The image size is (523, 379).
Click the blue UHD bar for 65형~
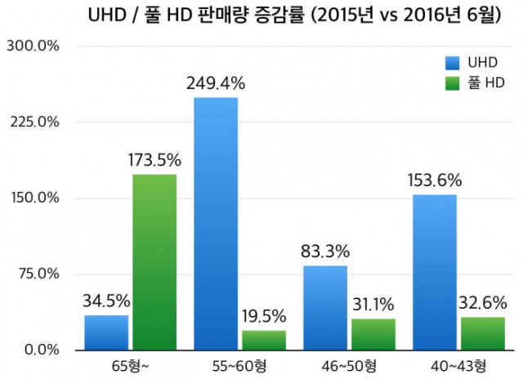tap(106, 332)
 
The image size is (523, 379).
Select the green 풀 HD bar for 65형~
tap(154, 262)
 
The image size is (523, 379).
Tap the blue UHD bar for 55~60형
tap(216, 224)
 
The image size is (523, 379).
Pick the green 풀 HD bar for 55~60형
tap(263, 340)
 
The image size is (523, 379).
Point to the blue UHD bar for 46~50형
tap(325, 308)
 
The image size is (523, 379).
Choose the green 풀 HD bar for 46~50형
tap(373, 334)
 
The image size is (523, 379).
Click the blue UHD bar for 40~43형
tap(434, 273)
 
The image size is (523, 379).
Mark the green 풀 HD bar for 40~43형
tap(482, 333)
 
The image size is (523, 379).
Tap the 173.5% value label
tap(154, 160)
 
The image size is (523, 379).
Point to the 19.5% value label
tap(263, 316)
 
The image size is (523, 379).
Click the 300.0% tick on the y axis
tap(33, 46)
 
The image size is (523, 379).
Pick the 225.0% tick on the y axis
tap(33, 122)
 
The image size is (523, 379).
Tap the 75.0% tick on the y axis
tap(36, 274)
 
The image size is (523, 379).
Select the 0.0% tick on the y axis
tap(39, 350)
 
